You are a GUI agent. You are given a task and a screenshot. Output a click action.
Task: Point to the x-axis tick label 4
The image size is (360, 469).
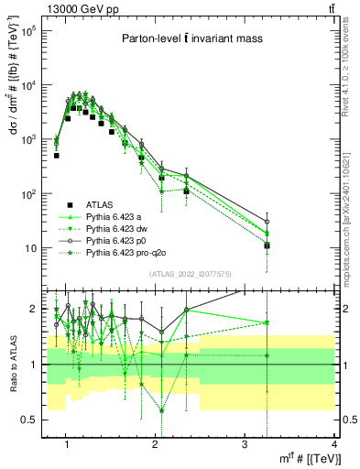pyautogui.click(x=333, y=444)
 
